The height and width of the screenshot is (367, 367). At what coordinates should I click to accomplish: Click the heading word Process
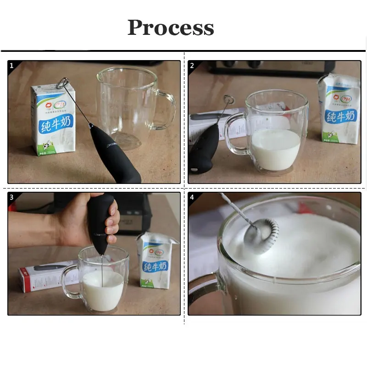point(171,28)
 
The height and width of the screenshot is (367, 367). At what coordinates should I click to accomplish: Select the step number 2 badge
point(192,66)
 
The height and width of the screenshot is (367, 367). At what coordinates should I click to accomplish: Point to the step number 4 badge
point(192,197)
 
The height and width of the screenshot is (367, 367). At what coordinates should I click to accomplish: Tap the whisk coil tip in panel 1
point(63,83)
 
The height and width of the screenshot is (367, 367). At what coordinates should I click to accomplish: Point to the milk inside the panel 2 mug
point(275,149)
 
